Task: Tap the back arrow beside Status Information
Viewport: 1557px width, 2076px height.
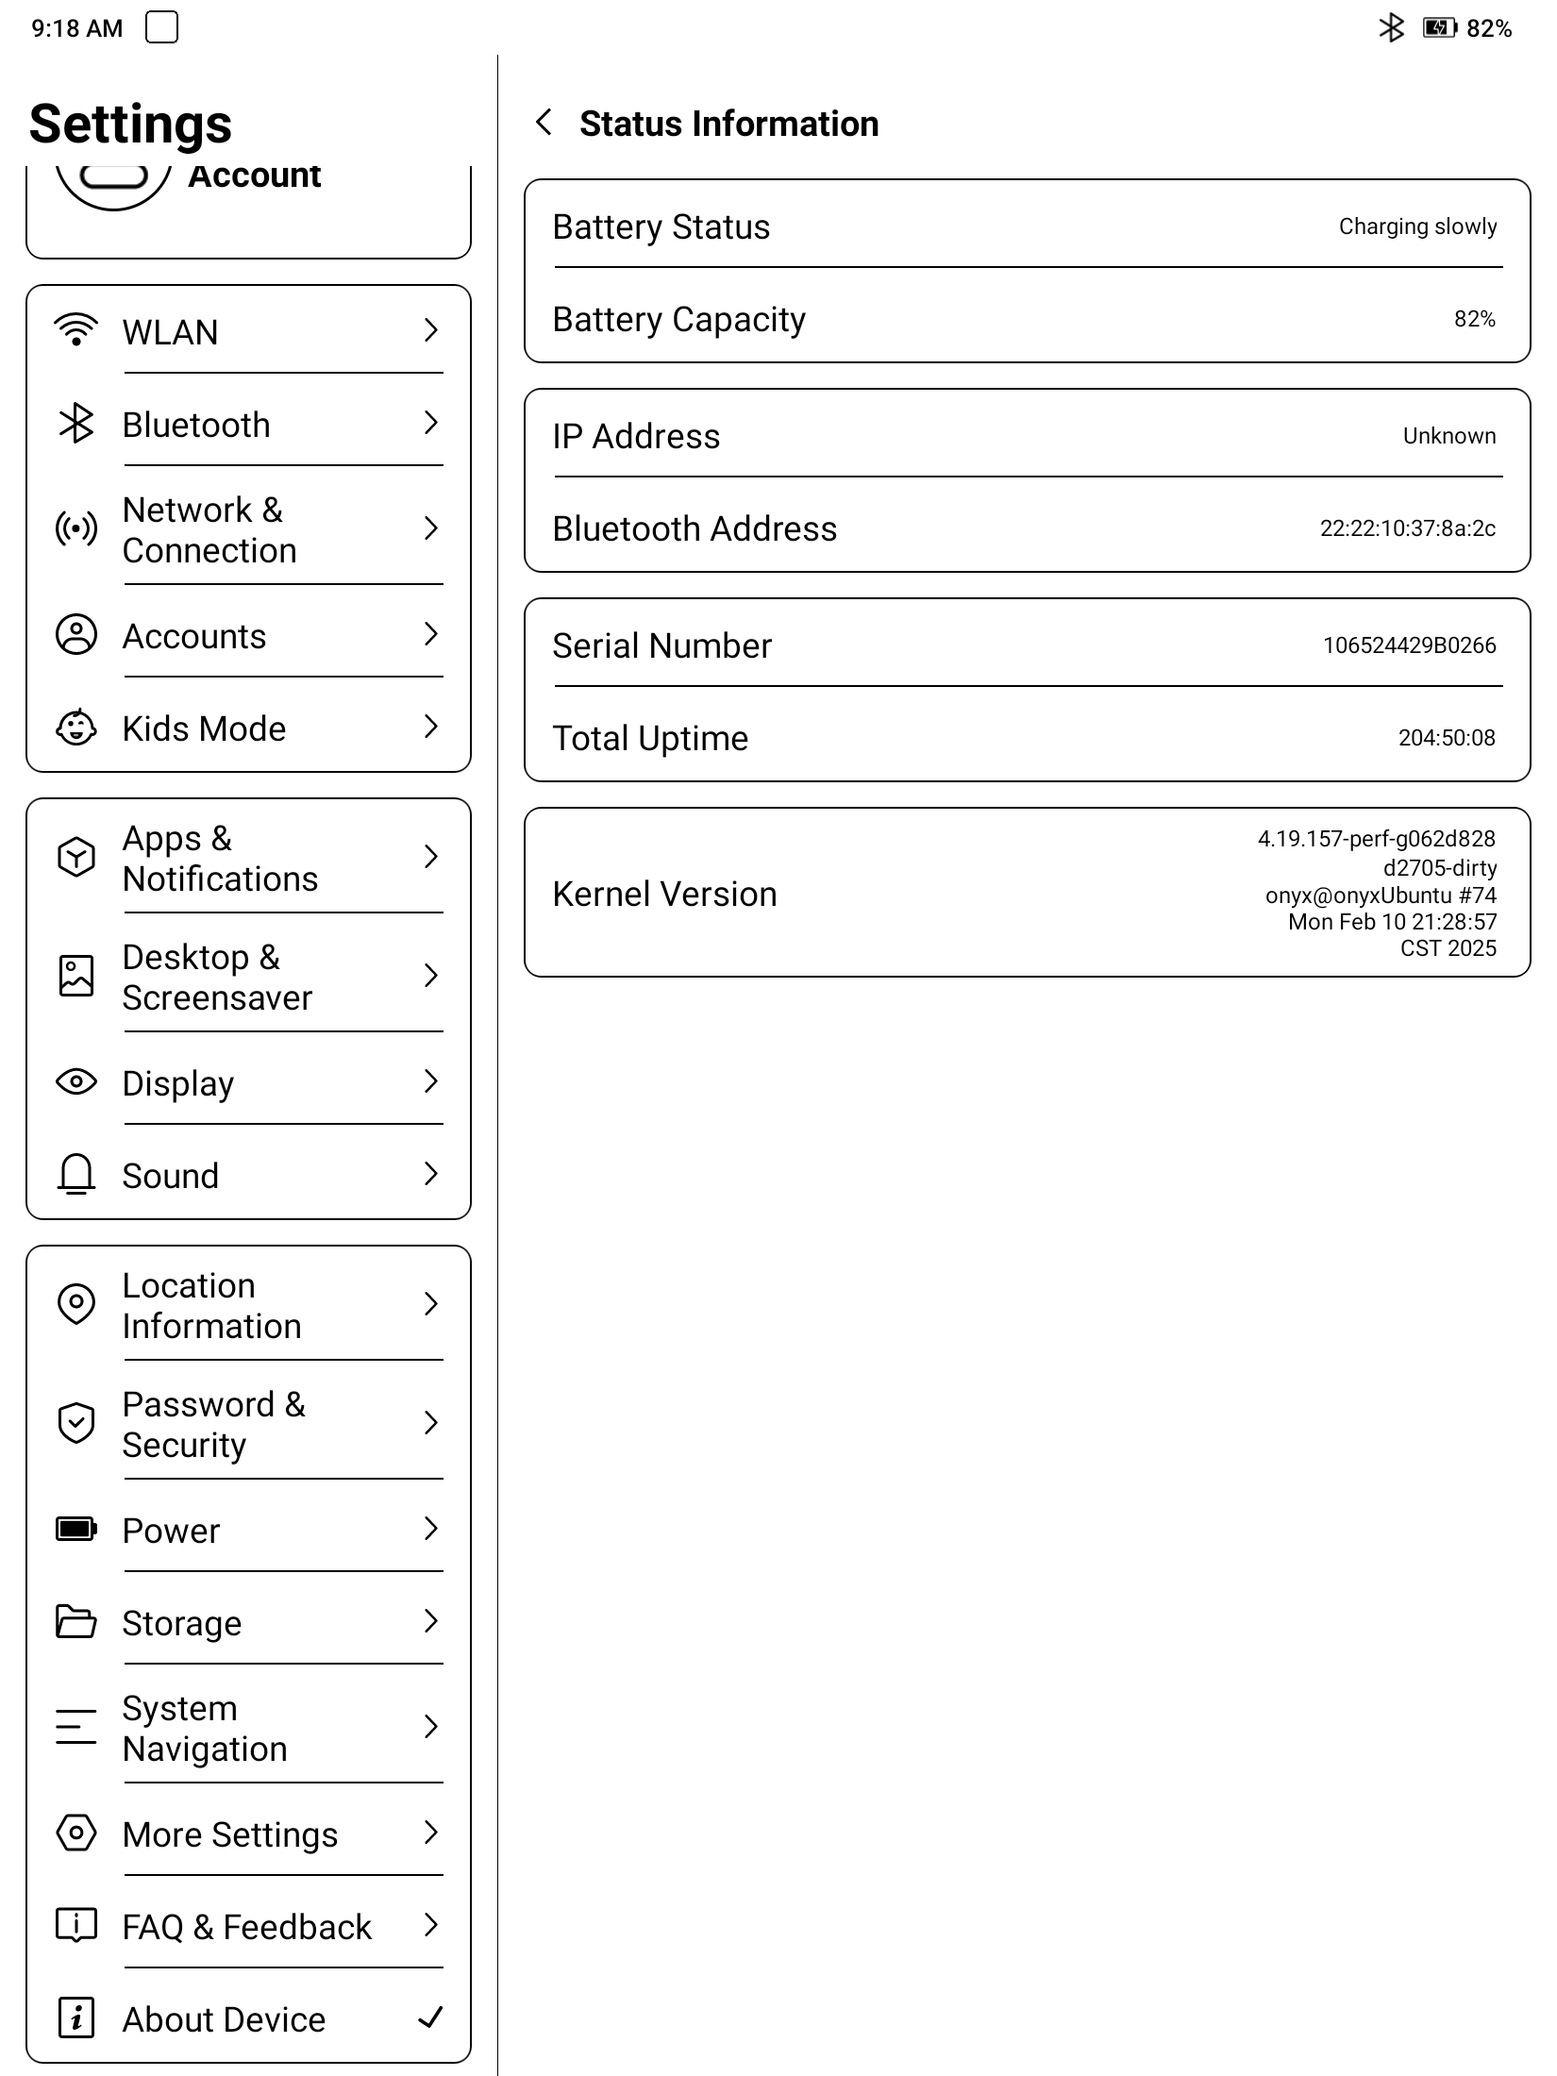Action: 544,123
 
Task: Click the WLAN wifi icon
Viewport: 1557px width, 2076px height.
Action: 76,330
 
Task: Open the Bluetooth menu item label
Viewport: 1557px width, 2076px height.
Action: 196,425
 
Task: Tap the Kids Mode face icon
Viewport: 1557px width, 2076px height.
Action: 76,728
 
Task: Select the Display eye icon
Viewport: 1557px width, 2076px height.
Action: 76,1081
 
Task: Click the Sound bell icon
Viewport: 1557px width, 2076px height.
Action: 76,1175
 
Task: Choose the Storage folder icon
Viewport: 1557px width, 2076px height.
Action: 76,1622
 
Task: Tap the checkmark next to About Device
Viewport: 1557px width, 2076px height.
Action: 430,2017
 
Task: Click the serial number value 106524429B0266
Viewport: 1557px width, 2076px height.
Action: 1409,645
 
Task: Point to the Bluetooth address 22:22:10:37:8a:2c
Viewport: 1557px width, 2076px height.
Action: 1407,528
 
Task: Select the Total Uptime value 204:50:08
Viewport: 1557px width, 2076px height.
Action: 1447,738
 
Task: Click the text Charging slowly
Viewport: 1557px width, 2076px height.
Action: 1417,226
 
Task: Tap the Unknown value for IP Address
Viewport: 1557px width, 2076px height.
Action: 1449,436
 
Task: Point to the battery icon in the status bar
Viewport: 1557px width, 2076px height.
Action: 1440,28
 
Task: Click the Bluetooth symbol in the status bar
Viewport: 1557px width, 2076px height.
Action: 1392,28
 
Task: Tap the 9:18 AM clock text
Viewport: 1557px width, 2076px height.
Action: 77,28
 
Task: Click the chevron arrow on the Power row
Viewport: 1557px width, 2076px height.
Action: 431,1529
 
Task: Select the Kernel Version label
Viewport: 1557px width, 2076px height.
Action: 664,894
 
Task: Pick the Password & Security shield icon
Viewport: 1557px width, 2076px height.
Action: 76,1423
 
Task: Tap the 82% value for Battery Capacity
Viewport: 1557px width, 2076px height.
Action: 1474,319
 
